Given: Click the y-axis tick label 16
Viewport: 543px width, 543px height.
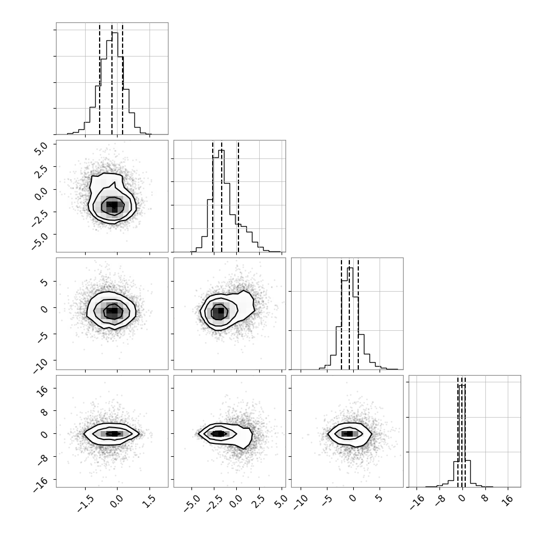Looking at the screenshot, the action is [42, 391].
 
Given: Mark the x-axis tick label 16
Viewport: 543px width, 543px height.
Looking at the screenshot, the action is [508, 500].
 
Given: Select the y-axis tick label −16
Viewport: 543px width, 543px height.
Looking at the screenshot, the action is [40, 484].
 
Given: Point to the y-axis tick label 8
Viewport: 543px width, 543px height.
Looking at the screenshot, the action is [44, 411].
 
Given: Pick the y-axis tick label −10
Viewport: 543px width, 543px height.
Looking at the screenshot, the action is [40, 366].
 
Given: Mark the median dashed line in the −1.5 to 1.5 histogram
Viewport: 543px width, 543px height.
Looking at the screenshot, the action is [112, 79].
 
